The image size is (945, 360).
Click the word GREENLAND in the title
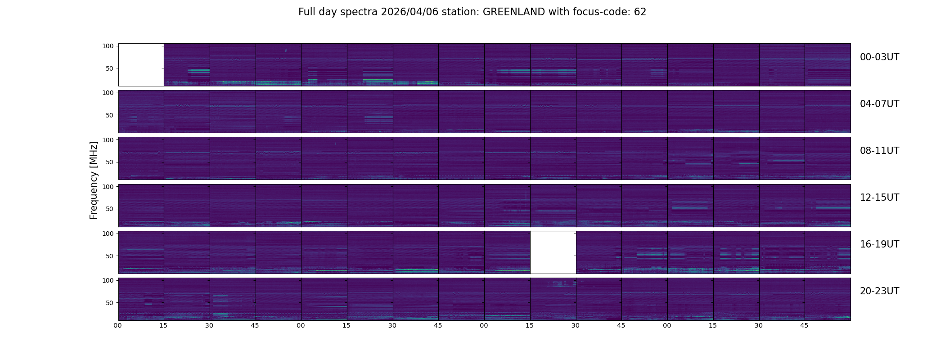pyautogui.click(x=513, y=12)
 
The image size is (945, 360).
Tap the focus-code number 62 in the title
pyautogui.click(x=640, y=12)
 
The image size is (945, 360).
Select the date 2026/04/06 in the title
pyautogui.click(x=409, y=12)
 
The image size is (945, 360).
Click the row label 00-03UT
pyautogui.click(x=879, y=57)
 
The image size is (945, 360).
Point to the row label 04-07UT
pyautogui.click(x=879, y=104)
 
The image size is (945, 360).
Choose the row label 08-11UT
pyautogui.click(x=879, y=151)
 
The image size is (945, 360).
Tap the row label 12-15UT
pyautogui.click(x=879, y=198)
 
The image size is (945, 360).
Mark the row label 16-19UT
pyautogui.click(x=879, y=244)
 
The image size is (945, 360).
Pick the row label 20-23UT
pyautogui.click(x=879, y=291)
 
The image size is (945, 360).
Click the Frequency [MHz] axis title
pyautogui.click(x=94, y=180)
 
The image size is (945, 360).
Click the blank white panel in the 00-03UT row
pyautogui.click(x=141, y=64)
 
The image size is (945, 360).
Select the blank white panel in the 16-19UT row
pyautogui.click(x=553, y=252)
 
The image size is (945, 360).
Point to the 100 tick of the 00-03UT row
pyautogui.click(x=108, y=46)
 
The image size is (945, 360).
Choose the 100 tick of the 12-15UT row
pyautogui.click(x=108, y=186)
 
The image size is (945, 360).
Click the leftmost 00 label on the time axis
pyautogui.click(x=118, y=325)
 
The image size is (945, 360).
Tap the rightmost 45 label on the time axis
pyautogui.click(x=805, y=325)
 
